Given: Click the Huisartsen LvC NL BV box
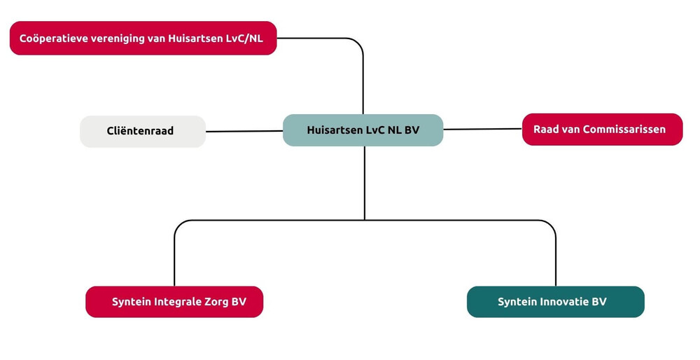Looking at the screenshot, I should (363, 130).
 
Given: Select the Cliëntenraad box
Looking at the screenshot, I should (143, 131).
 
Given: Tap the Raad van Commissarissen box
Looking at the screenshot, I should (602, 130).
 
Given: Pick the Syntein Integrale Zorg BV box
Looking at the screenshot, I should (174, 302).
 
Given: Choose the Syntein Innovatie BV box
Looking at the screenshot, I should (555, 302).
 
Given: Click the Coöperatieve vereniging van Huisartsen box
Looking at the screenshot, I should (143, 38).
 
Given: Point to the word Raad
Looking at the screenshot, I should (545, 130).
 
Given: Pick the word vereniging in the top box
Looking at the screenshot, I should (117, 38).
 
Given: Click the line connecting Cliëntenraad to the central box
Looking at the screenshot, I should (244, 131).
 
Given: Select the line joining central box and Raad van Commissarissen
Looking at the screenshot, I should (483, 129).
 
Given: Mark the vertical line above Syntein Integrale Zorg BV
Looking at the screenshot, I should (174, 259).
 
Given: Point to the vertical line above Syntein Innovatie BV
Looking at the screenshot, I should (555, 259).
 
